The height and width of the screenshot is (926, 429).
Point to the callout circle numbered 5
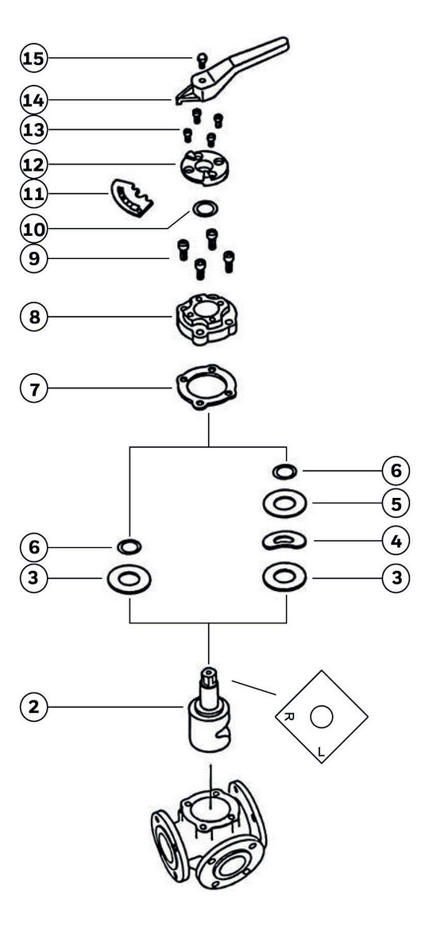[x=396, y=504]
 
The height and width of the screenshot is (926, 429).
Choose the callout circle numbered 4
[x=396, y=540]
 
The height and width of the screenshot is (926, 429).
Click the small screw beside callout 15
[x=201, y=59]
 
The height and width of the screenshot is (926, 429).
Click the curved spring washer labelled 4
[x=284, y=540]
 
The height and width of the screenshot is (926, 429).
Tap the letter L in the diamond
[x=321, y=752]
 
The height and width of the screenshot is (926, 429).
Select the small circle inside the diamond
[x=322, y=717]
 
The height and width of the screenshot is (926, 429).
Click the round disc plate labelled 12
[x=204, y=167]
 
